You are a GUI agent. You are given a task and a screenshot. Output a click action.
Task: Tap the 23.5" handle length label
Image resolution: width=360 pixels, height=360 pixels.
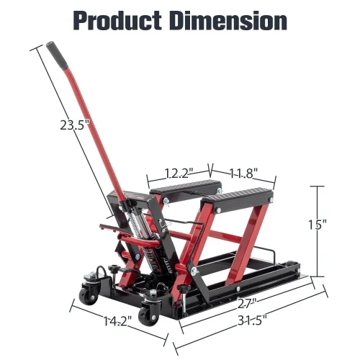tap(76, 125)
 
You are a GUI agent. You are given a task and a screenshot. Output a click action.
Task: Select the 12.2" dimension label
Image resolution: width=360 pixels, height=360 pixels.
tap(177, 173)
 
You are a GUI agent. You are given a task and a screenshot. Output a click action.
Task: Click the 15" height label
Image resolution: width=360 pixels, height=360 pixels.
tap(316, 224)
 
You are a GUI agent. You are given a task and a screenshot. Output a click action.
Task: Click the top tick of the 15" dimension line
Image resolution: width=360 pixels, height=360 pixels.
tap(316, 185)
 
